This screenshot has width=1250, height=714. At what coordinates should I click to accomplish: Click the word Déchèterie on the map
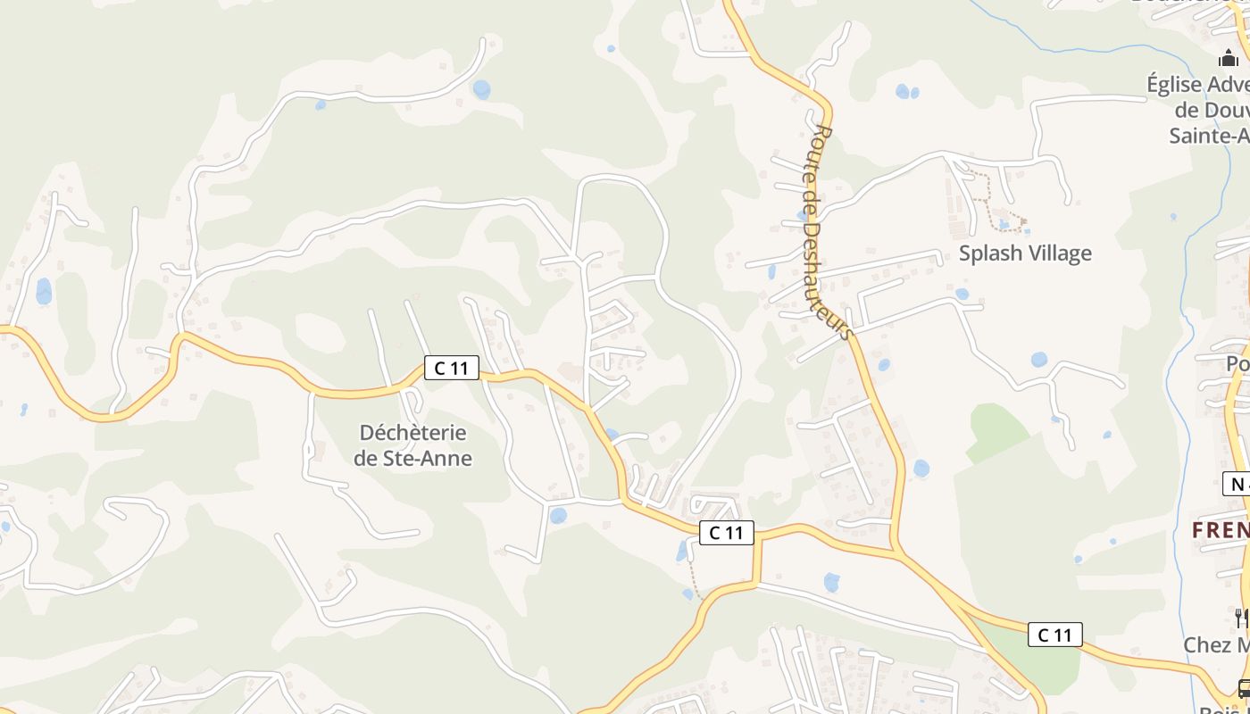412,432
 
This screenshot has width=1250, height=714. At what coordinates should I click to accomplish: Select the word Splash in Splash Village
990,253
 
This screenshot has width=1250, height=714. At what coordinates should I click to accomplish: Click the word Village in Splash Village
1059,253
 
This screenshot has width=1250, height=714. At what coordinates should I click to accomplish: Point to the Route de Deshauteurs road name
828,232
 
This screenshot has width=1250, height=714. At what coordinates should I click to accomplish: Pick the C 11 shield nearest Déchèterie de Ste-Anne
451,367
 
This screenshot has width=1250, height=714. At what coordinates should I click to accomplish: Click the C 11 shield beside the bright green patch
1054,635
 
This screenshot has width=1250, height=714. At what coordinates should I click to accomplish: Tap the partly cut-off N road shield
1237,484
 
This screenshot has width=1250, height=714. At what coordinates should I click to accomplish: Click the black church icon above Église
1229,59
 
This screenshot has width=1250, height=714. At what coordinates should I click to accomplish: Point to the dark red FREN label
1221,529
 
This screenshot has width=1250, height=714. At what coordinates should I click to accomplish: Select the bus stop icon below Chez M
1244,688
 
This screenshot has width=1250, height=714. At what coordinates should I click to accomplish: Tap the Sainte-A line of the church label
1209,135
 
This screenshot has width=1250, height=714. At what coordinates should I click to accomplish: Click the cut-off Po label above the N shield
1237,364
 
